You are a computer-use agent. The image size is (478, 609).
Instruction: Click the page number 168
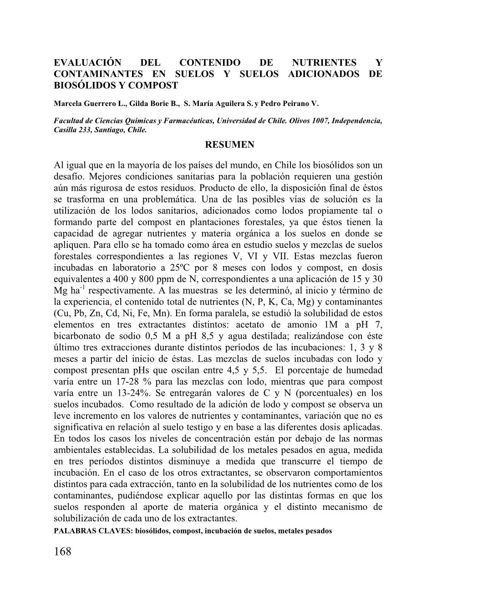coord(63,552)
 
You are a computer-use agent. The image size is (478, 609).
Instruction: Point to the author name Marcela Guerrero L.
coord(90,104)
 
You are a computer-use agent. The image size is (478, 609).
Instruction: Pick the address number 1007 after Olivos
coord(315,121)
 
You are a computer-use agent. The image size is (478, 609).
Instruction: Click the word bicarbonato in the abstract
coord(80,336)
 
